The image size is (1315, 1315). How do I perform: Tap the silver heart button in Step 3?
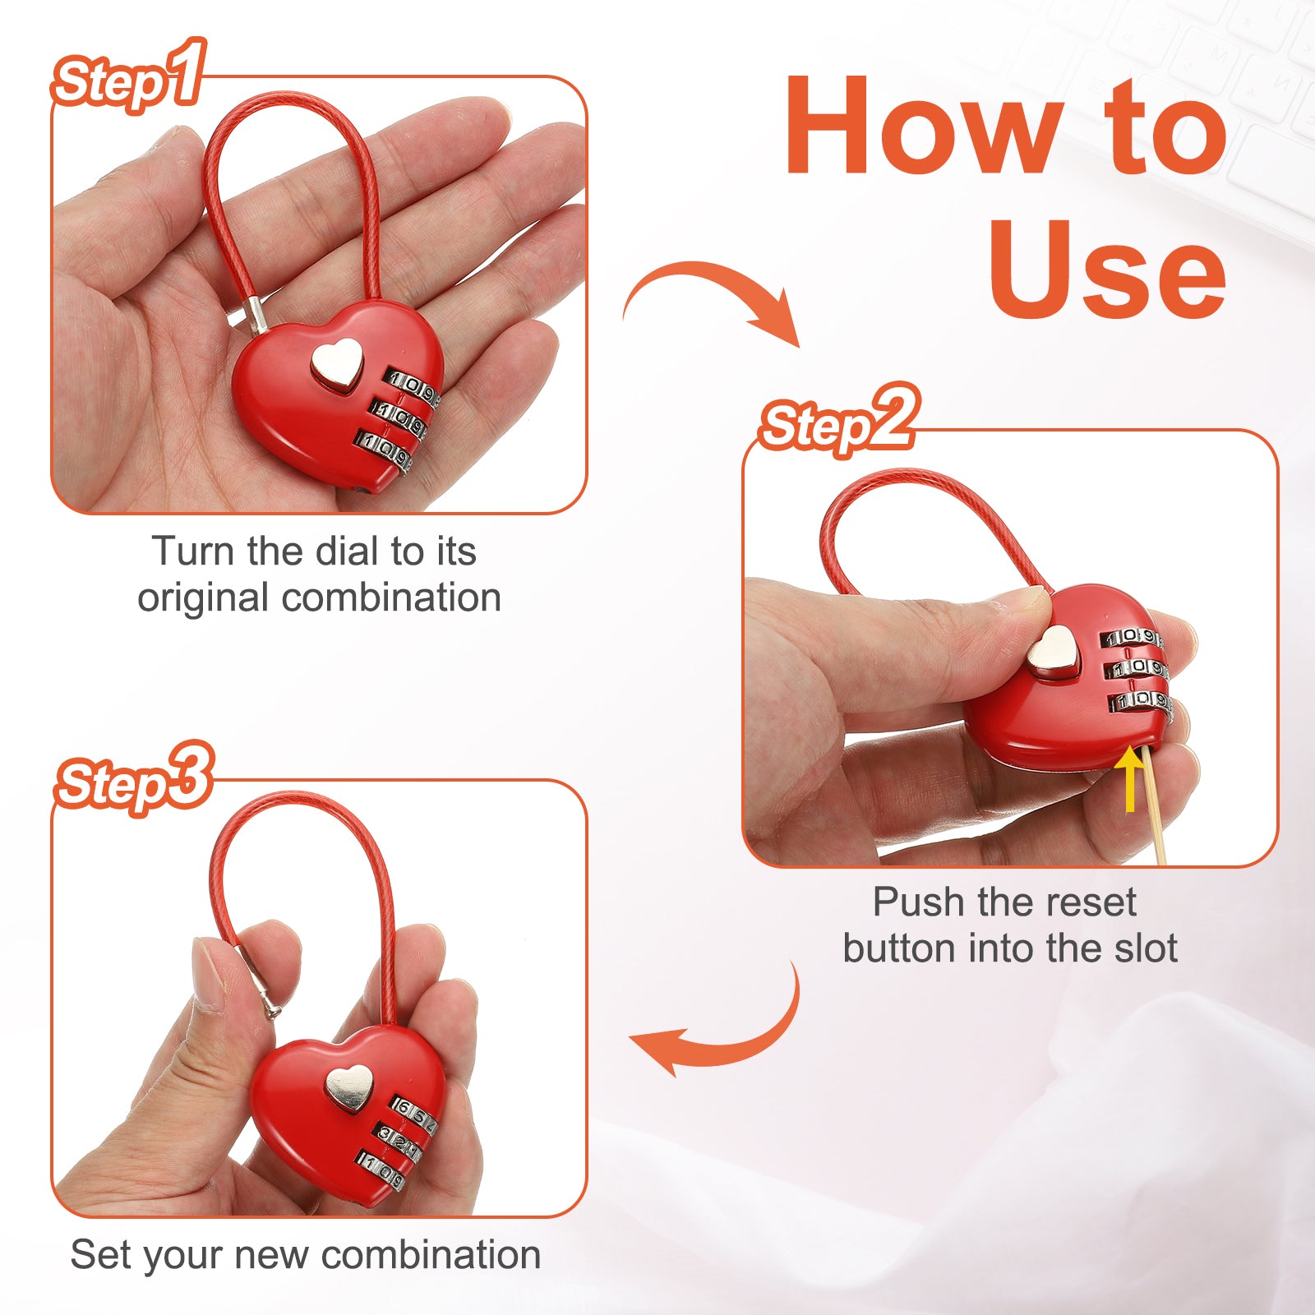[x=348, y=1088]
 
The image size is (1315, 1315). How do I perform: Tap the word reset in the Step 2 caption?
[x=1092, y=902]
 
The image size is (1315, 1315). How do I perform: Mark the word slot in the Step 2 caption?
[x=1146, y=948]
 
